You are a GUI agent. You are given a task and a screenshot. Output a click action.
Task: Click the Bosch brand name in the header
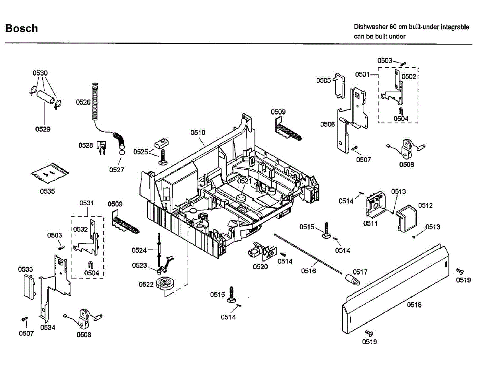point(22,28)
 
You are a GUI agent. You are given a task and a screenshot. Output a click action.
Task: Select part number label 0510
point(198,132)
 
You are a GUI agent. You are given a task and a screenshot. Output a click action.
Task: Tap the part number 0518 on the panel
point(414,305)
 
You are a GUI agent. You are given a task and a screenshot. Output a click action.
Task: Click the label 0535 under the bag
point(47,191)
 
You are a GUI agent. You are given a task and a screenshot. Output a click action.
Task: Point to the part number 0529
point(43,129)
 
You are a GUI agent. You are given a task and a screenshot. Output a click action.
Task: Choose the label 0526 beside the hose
point(83,102)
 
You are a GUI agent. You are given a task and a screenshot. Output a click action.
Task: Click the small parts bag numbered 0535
point(50,173)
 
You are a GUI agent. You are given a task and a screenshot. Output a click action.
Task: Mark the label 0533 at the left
point(25,269)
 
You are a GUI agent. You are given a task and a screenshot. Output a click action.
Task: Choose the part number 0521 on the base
point(245,181)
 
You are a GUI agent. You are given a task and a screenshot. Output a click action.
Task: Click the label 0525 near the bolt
point(141,152)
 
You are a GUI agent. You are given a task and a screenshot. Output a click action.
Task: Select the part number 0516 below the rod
point(308,271)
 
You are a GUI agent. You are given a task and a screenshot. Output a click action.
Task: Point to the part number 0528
point(85,145)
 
